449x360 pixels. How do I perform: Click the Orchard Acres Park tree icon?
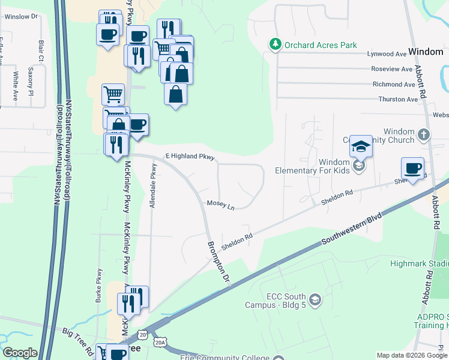(x=275, y=44)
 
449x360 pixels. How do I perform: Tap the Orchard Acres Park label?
(x=321, y=45)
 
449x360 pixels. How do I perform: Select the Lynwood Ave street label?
(x=387, y=54)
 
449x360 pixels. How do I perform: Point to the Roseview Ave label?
(x=392, y=69)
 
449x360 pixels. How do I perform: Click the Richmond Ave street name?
(x=393, y=85)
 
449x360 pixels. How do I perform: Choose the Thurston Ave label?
(x=397, y=99)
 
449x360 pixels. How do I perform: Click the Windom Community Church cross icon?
(x=424, y=134)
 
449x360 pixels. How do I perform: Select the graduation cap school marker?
(x=361, y=146)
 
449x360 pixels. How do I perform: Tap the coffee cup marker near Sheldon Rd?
(x=412, y=169)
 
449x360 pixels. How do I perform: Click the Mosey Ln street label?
(x=220, y=205)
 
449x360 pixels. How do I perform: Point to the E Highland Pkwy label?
(x=190, y=156)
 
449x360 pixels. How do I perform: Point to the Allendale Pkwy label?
(x=153, y=186)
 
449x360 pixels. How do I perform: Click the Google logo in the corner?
(x=20, y=353)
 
